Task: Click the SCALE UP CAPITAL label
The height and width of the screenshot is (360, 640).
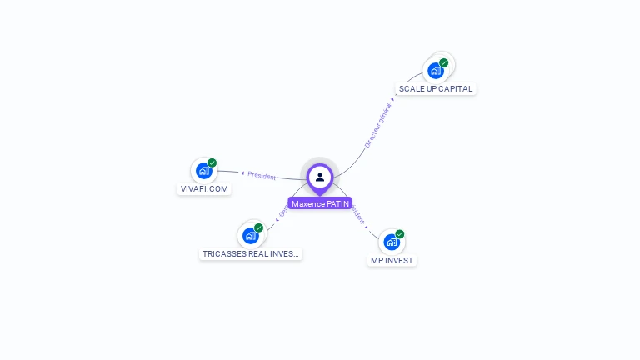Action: pyautogui.click(x=436, y=88)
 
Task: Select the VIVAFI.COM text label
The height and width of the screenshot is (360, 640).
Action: pyautogui.click(x=204, y=188)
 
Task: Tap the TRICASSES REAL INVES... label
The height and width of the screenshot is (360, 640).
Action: pyautogui.click(x=251, y=253)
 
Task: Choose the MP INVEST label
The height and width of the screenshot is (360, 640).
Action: pyautogui.click(x=392, y=260)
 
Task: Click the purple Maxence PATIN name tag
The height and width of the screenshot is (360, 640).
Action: pyautogui.click(x=320, y=203)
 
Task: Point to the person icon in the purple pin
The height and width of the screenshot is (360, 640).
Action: pyautogui.click(x=320, y=177)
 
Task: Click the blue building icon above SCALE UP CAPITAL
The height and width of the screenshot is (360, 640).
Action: pyautogui.click(x=435, y=71)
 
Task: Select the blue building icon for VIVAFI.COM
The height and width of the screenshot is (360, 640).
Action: pyautogui.click(x=203, y=171)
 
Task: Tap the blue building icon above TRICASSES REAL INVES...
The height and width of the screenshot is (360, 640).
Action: pyautogui.click(x=250, y=236)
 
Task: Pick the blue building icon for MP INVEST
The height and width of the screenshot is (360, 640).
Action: pyautogui.click(x=391, y=242)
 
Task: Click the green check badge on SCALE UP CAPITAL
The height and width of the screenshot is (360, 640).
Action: pyautogui.click(x=444, y=62)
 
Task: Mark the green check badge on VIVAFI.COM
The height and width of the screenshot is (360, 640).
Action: pyautogui.click(x=212, y=162)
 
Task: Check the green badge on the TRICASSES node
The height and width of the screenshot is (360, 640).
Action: pyautogui.click(x=259, y=227)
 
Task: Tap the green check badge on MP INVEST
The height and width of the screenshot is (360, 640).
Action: pyautogui.click(x=400, y=234)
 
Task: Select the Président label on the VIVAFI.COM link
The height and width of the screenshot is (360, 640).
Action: pyautogui.click(x=262, y=175)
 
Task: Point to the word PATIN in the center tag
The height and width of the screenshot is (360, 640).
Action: pyautogui.click(x=336, y=203)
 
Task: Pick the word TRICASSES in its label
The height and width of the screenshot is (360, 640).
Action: pyautogui.click(x=222, y=253)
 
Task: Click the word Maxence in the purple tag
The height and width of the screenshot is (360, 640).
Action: pyautogui.click(x=307, y=203)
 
